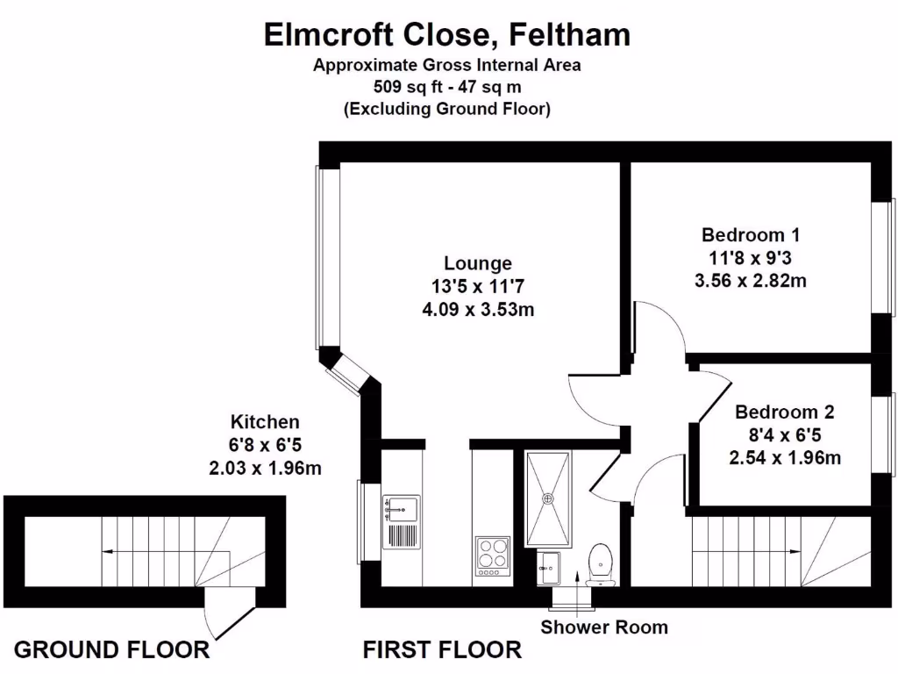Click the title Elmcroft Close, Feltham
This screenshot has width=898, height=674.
(x=447, y=34)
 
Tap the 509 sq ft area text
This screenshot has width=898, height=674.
(x=447, y=86)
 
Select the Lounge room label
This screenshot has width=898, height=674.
(x=477, y=263)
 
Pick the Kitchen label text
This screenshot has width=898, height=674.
(x=265, y=421)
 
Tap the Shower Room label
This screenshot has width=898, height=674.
(x=603, y=627)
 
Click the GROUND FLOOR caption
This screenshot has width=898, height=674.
(x=112, y=650)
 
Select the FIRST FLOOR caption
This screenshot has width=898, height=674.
(x=442, y=650)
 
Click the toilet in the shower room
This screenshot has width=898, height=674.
(x=601, y=562)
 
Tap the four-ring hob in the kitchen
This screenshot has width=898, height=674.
(x=493, y=556)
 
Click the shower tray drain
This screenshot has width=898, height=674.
(x=548, y=498)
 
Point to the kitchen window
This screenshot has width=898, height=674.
(x=362, y=523)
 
